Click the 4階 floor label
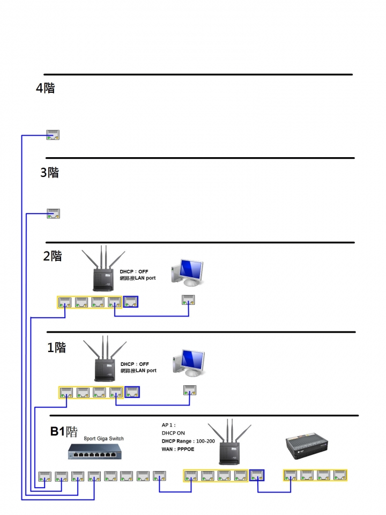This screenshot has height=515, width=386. click(x=45, y=88)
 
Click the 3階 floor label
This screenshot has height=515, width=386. click(x=49, y=173)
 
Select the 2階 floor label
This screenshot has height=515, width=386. click(x=53, y=256)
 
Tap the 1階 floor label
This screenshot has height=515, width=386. click(x=56, y=348)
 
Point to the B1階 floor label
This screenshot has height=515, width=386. click(x=64, y=432)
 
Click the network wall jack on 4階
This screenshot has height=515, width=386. click(x=53, y=135)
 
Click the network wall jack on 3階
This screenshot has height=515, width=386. click(x=53, y=214)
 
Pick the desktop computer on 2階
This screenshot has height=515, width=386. click(x=187, y=272)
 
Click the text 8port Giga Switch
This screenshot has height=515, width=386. click(x=103, y=439)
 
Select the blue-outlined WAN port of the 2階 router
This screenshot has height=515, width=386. click(x=131, y=302)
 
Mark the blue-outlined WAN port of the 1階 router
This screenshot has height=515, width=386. click(x=132, y=393)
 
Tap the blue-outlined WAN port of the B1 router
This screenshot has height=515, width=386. click(x=257, y=475)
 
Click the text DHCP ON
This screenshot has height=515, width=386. click(x=173, y=433)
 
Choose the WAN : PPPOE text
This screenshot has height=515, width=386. click(x=178, y=449)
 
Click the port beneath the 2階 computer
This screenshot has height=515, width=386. click(x=188, y=299)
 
